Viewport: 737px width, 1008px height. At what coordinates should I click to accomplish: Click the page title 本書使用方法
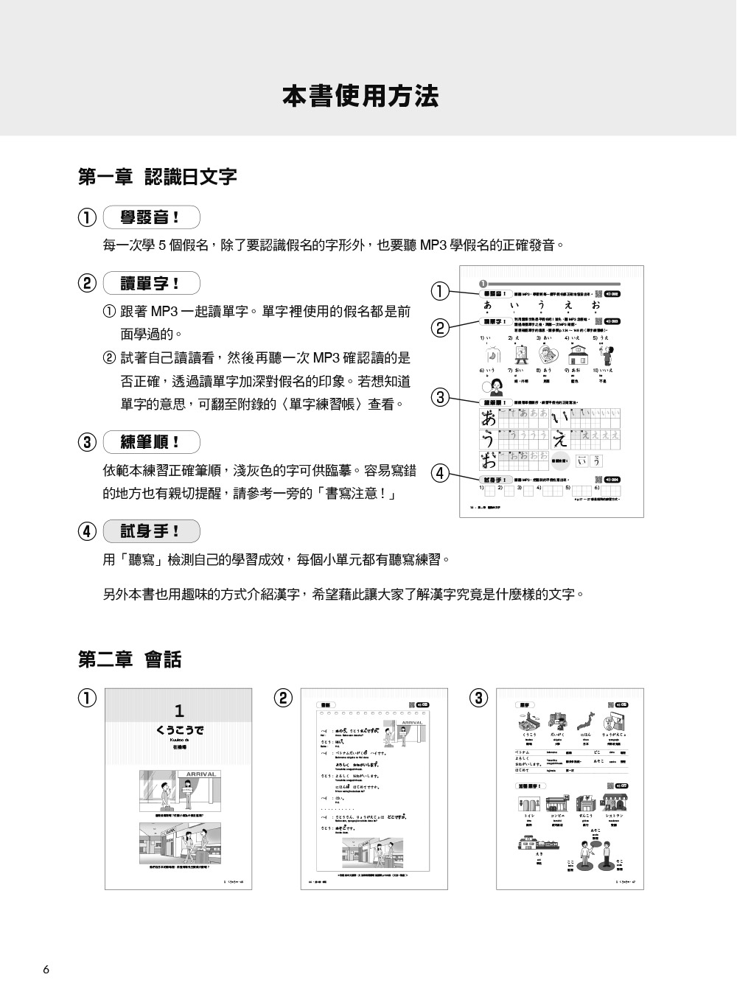tap(360, 97)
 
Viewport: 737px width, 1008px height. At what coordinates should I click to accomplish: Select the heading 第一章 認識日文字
tap(157, 177)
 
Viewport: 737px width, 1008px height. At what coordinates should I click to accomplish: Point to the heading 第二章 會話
tap(130, 659)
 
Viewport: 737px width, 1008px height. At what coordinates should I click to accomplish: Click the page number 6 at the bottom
tap(46, 970)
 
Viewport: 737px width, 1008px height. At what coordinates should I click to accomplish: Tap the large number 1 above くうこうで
tap(178, 711)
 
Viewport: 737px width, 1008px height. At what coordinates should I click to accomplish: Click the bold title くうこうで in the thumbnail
tap(179, 730)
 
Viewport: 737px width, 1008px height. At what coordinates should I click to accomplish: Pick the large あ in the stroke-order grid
tap(489, 419)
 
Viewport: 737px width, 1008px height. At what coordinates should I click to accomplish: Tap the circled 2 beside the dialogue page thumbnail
tap(283, 697)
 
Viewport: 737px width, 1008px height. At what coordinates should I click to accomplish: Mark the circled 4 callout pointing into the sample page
tap(440, 473)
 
